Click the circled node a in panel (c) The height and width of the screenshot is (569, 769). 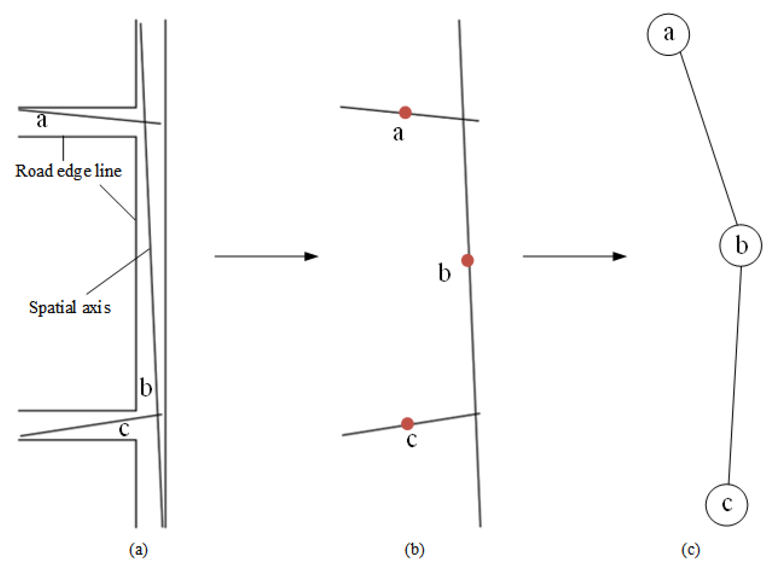(668, 34)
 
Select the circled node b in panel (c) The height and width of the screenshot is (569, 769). (740, 245)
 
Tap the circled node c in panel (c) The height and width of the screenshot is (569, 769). (727, 504)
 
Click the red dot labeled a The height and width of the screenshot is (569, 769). (405, 112)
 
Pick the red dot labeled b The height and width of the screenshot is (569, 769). (467, 260)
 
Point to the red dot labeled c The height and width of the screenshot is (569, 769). (407, 424)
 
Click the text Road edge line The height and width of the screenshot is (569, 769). (68, 171)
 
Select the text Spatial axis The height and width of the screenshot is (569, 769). (70, 307)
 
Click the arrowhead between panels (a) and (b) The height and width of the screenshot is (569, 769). (311, 256)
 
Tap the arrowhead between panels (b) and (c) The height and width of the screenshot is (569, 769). (620, 256)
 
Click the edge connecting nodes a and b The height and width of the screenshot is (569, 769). (709, 140)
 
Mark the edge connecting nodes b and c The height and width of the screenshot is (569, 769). (735, 375)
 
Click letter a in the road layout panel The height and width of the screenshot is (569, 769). (42, 120)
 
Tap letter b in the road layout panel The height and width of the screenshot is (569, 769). (146, 387)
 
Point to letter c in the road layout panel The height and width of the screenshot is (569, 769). (124, 429)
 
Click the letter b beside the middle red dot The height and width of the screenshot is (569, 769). (444, 273)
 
